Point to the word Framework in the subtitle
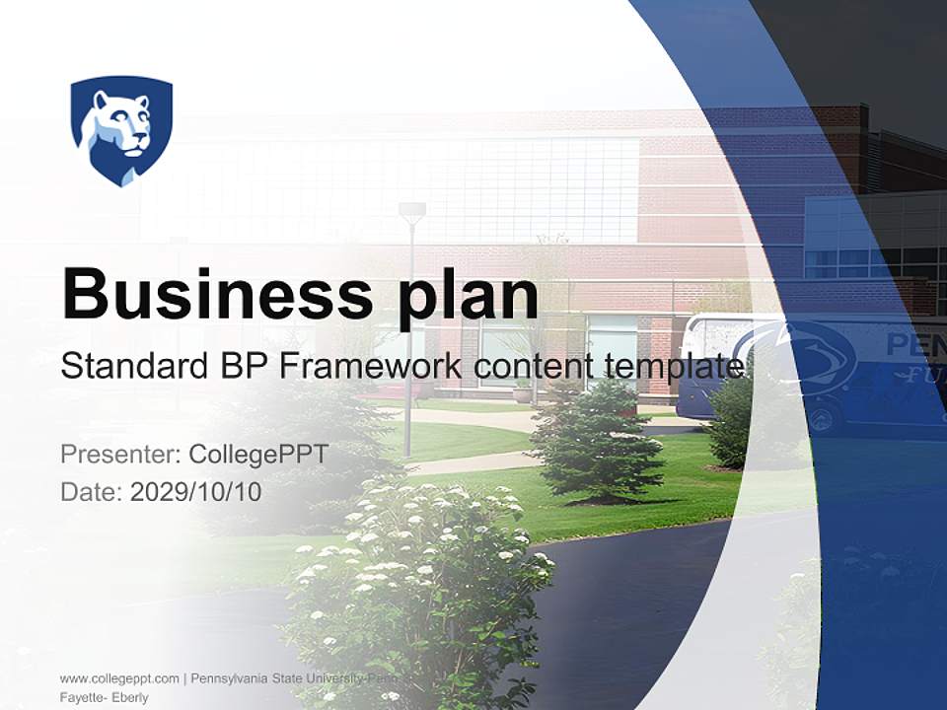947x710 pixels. tap(370, 367)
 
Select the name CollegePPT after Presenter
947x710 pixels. tap(257, 455)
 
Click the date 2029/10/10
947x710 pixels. tap(196, 492)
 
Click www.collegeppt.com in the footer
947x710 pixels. tap(119, 678)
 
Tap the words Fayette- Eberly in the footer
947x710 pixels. tap(104, 697)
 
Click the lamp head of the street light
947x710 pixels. tap(412, 210)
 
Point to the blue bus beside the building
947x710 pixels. tap(809, 370)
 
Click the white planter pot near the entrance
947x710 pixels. tap(522, 394)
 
